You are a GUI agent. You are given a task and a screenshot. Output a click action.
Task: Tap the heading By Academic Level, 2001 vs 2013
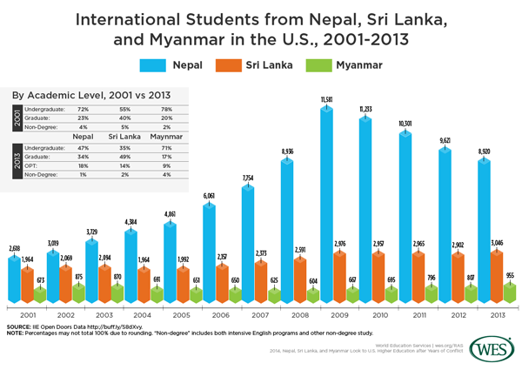90,93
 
